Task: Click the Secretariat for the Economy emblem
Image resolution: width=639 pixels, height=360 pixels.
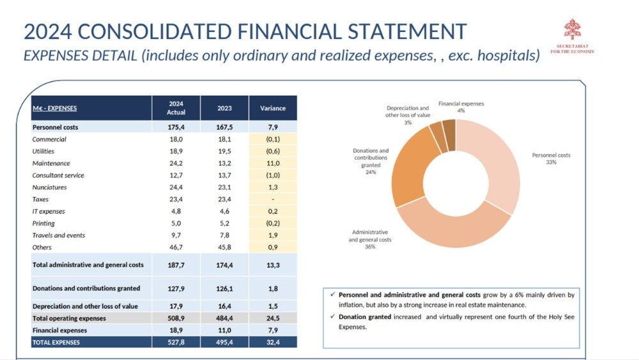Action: pyautogui.click(x=572, y=31)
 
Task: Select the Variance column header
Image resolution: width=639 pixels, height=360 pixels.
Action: pyautogui.click(x=273, y=108)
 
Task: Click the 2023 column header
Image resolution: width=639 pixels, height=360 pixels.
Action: pyautogui.click(x=224, y=108)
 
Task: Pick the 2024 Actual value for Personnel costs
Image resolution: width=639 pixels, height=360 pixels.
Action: pyautogui.click(x=176, y=127)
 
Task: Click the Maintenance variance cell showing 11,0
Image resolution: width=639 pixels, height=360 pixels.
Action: pyautogui.click(x=273, y=163)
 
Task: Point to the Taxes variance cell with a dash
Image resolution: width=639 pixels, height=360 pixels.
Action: pyautogui.click(x=273, y=200)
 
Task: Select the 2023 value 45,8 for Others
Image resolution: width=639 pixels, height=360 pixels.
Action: pyautogui.click(x=224, y=247)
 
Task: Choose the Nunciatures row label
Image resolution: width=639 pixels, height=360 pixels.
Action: pyautogui.click(x=49, y=187)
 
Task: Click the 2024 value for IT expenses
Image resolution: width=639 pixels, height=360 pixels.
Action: pyautogui.click(x=176, y=212)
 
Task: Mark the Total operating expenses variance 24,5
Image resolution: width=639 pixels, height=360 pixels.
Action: pyautogui.click(x=273, y=318)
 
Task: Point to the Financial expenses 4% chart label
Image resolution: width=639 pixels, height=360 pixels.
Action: pyautogui.click(x=461, y=107)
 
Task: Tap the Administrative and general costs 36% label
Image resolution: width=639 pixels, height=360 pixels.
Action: pyautogui.click(x=370, y=239)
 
